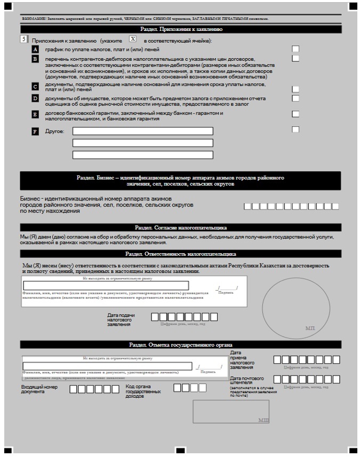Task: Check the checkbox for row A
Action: [295, 49]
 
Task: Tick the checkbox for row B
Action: [295, 58]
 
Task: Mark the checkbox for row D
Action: [295, 98]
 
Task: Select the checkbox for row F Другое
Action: [295, 129]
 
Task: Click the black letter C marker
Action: [35, 86]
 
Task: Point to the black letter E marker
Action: [35, 114]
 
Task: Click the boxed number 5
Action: [23, 39]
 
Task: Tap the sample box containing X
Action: [133, 39]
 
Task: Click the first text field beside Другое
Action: [142, 131]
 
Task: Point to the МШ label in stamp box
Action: [263, 420]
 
